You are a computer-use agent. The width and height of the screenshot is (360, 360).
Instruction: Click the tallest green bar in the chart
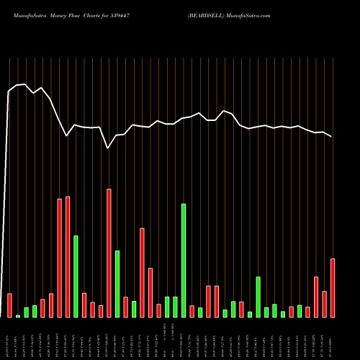pyautogui.click(x=184, y=260)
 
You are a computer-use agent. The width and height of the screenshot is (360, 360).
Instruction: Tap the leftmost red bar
pyautogui.click(x=10, y=305)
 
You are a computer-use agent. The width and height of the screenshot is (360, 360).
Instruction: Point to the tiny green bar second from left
pyautogui.click(x=18, y=316)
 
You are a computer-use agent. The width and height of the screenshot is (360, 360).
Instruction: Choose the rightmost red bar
pyautogui.click(x=333, y=287)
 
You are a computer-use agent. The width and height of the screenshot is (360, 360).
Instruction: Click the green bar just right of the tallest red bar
pyautogui.click(x=117, y=284)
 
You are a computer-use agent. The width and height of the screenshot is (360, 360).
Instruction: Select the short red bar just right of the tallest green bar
pyautogui.click(x=192, y=311)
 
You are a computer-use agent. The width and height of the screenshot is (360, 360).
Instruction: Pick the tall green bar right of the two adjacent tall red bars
pyautogui.click(x=76, y=276)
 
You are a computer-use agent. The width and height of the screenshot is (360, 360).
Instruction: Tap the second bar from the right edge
pyautogui.click(x=324, y=304)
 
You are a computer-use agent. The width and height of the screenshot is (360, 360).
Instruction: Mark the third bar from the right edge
pyautogui.click(x=316, y=297)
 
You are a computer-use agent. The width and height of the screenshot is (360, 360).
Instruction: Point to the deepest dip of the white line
pyautogui.click(x=108, y=148)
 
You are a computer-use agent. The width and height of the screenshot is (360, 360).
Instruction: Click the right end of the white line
pyautogui.click(x=332, y=136)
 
